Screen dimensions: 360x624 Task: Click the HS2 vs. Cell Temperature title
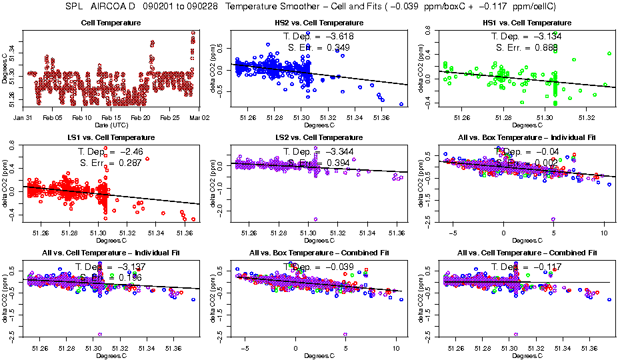(311, 23)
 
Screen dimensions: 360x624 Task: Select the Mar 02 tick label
(199, 117)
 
